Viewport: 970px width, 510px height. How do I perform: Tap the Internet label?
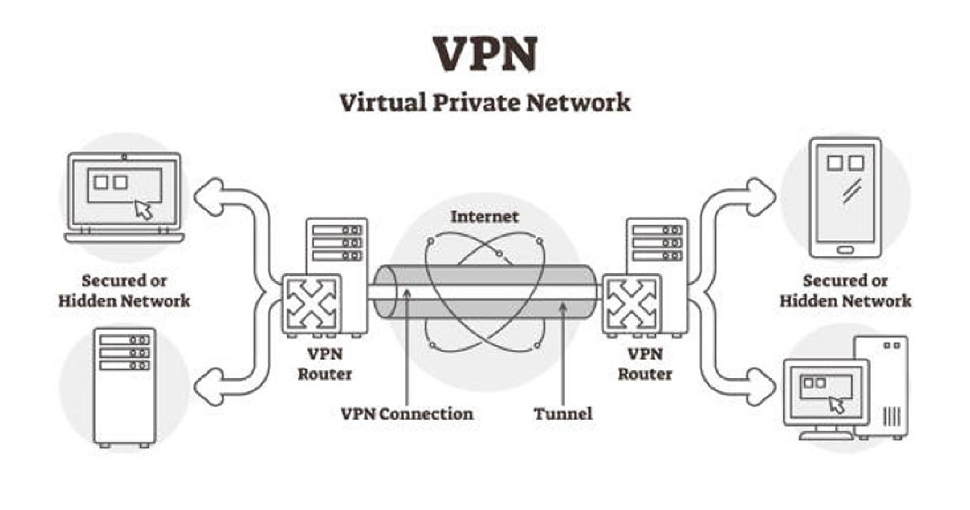coord(485,217)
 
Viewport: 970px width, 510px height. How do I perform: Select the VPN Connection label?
coord(407,414)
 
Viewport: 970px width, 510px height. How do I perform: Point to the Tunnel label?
coord(563,414)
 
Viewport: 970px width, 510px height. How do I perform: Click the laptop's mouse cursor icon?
coord(144,209)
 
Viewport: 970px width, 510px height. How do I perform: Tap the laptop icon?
coord(124,196)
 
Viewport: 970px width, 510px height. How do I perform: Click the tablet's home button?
coord(845,249)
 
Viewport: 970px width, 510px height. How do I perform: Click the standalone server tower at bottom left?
coord(125,387)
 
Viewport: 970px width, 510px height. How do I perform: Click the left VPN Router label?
coord(325,364)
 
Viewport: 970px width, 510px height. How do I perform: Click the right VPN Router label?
coord(645,364)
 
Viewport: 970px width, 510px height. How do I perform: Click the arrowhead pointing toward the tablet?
coord(763,194)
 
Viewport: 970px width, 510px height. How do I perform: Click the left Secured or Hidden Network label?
coord(124,290)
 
